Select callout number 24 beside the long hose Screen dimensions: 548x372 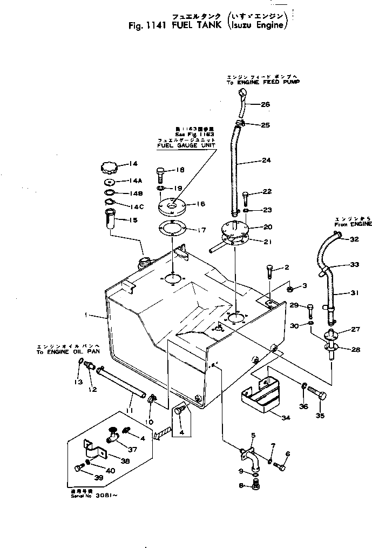click(266, 160)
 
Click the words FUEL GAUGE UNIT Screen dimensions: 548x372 click(186, 145)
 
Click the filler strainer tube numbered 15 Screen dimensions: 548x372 click(111, 222)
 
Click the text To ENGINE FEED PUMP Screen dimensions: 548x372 click(263, 82)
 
